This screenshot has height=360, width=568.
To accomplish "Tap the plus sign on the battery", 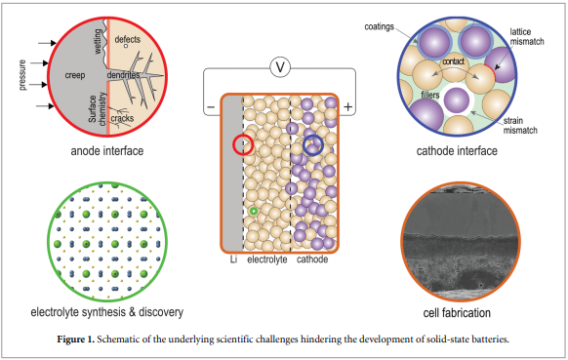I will point(347,105).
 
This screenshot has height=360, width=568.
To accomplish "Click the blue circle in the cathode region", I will point(312,146).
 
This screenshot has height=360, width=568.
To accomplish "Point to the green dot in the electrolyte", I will point(254,211).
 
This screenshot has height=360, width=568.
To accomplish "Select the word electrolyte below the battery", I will point(265,260).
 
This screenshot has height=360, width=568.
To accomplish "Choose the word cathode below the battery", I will point(312,260).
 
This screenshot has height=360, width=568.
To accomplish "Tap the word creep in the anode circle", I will point(74,74).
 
